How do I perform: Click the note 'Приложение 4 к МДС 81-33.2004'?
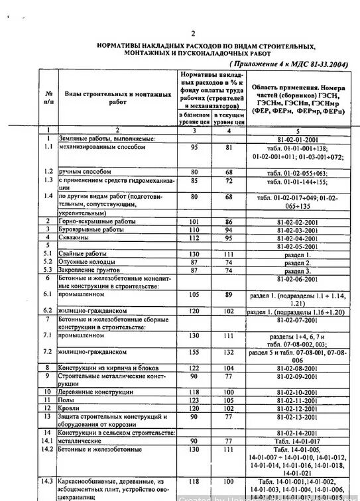pos(287,64)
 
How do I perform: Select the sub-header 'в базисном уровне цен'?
pos(194,118)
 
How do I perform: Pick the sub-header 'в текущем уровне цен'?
pos(229,118)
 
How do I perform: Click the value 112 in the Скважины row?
pos(194,237)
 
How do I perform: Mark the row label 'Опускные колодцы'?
pos(85,262)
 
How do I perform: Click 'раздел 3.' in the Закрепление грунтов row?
pos(296,270)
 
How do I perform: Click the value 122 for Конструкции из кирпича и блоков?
pos(194,368)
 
